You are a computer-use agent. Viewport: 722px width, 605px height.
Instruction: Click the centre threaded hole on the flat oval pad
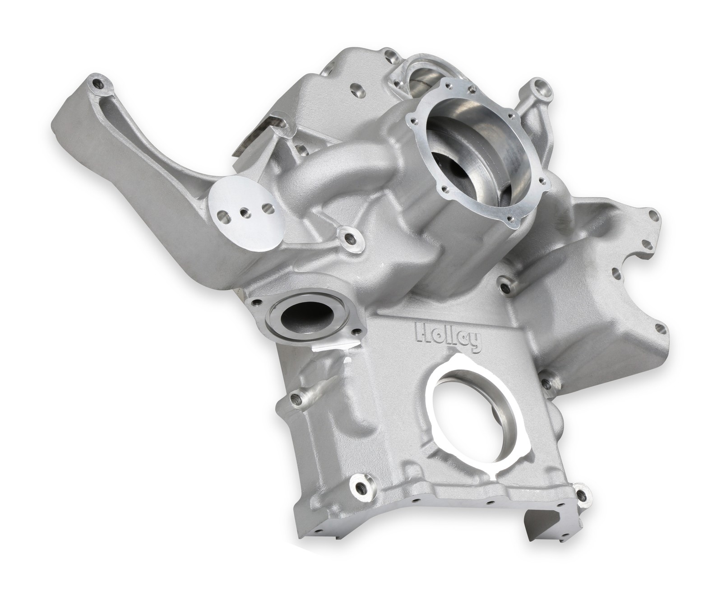click(244, 210)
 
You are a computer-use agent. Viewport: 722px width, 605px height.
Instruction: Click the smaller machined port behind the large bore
click(422, 72)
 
